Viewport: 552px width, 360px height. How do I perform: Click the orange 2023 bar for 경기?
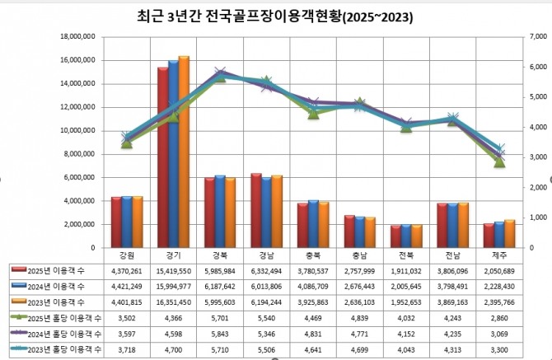pos(184,152)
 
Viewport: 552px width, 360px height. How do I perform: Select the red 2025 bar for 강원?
pos(117,222)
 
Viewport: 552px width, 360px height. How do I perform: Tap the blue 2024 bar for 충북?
pos(313,223)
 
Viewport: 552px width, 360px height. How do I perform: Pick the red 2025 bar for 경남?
pos(256,210)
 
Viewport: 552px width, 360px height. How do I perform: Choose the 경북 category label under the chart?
pos(220,255)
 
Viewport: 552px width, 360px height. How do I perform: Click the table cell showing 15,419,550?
pos(173,269)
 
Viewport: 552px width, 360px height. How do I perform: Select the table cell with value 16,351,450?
pos(173,302)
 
